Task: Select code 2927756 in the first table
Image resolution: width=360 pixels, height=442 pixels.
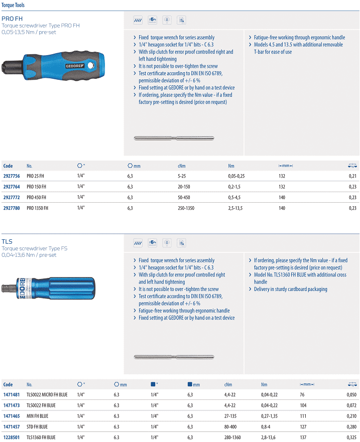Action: (x=12, y=176)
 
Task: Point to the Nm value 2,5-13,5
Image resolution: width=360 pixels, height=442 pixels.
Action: (x=235, y=208)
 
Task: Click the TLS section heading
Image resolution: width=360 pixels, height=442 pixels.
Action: (x=7, y=242)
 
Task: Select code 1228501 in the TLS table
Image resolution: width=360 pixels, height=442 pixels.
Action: (x=12, y=437)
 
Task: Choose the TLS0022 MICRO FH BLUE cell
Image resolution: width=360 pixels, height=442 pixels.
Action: (x=47, y=395)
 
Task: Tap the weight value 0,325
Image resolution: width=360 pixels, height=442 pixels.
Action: (x=351, y=437)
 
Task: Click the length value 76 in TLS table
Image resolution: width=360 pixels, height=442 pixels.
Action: (x=302, y=395)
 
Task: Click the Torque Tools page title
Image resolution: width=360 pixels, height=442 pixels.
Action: (x=12, y=5)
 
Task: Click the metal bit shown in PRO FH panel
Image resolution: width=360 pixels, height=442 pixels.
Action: (x=174, y=138)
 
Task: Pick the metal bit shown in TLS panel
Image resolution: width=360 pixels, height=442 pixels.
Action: (x=174, y=357)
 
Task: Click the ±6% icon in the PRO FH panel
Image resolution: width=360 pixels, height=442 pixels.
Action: (x=153, y=20)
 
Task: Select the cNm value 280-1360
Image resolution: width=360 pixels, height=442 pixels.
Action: (x=232, y=437)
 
